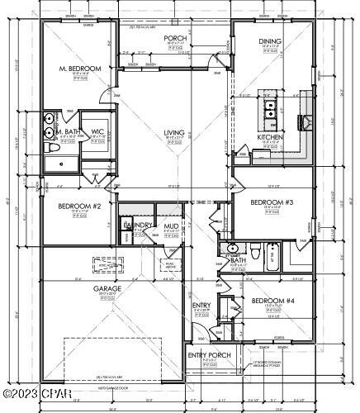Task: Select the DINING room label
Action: (270, 40)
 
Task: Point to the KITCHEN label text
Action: (270, 137)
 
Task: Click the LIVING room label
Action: (174, 132)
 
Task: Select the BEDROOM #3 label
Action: (272, 202)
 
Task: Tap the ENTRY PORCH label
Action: (208, 355)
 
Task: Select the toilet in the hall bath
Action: (258, 252)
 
